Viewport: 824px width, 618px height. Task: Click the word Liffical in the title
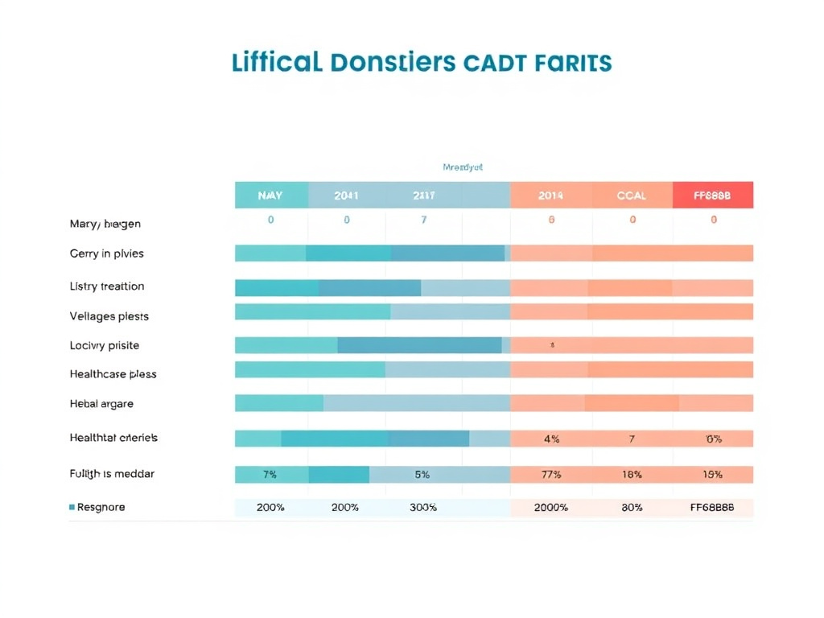point(275,63)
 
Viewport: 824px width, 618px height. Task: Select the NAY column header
point(270,196)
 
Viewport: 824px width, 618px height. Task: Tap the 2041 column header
point(346,196)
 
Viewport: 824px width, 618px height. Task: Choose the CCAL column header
point(632,196)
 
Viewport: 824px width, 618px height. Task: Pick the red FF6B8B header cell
point(712,196)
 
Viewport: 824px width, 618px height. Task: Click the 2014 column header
point(551,196)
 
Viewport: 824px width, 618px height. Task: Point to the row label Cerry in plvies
point(106,253)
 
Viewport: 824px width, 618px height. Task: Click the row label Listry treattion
point(107,286)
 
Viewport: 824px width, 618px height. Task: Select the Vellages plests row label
point(109,316)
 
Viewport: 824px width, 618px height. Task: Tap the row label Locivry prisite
point(105,345)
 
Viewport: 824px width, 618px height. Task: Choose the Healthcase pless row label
point(113,374)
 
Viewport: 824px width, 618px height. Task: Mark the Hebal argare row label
point(101,404)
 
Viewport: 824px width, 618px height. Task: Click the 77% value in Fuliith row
point(551,475)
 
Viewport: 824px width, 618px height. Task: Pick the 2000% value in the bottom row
point(551,508)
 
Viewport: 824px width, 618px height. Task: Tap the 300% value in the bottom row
point(422,508)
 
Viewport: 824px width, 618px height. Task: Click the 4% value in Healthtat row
point(551,439)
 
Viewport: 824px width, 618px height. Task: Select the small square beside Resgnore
point(72,508)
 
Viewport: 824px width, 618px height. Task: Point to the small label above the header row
point(463,167)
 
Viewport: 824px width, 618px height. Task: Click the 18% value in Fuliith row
point(632,475)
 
